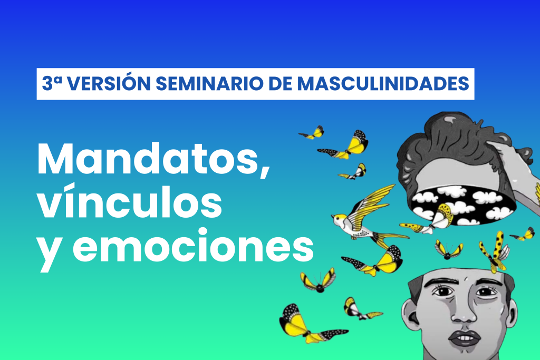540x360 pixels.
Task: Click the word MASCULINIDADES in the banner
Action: pos(383,84)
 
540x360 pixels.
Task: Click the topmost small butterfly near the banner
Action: pos(313,133)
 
